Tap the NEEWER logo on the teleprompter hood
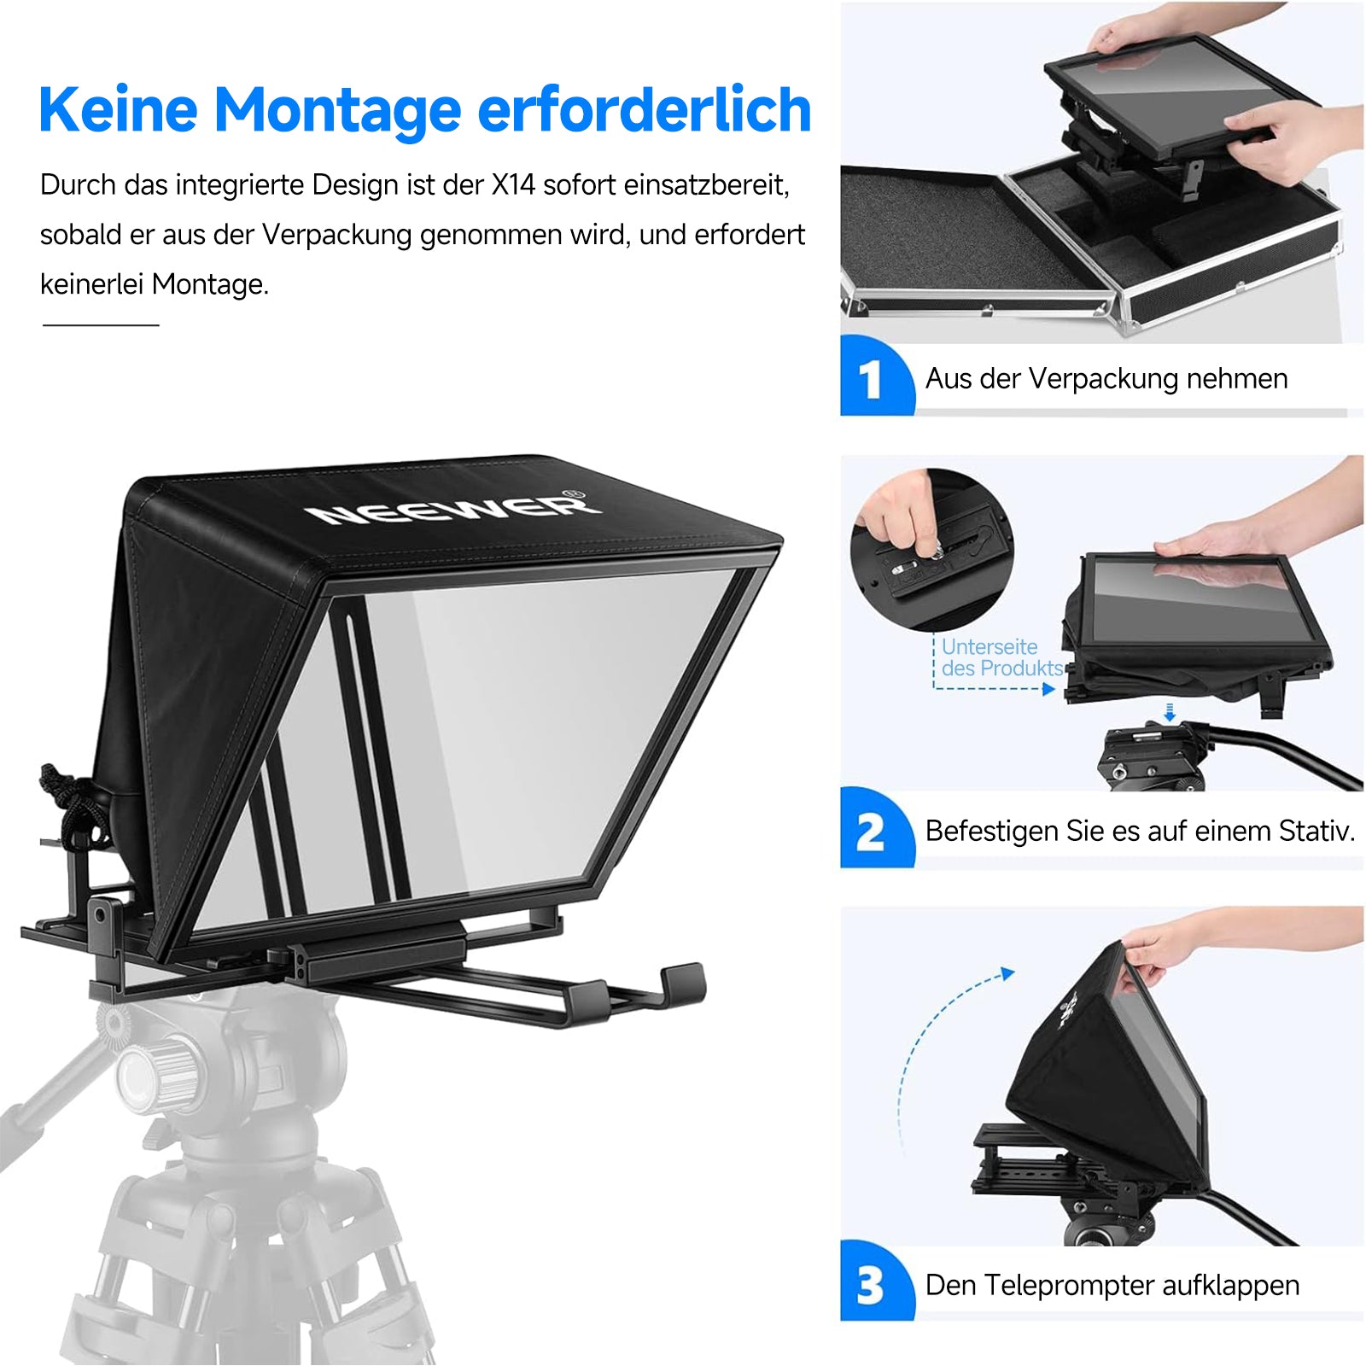point(453,509)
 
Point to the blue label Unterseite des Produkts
point(1002,657)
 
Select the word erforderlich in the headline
point(644,110)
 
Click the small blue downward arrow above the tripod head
point(1170,711)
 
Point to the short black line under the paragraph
point(101,324)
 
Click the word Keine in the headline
point(119,110)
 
